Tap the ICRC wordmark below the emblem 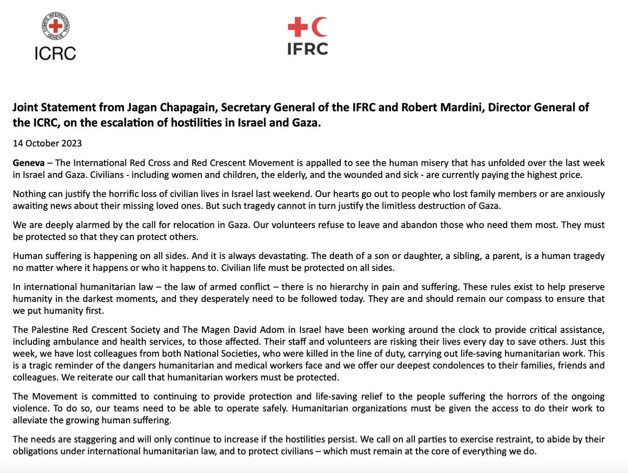pos(55,52)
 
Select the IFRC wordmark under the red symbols pos(308,48)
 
